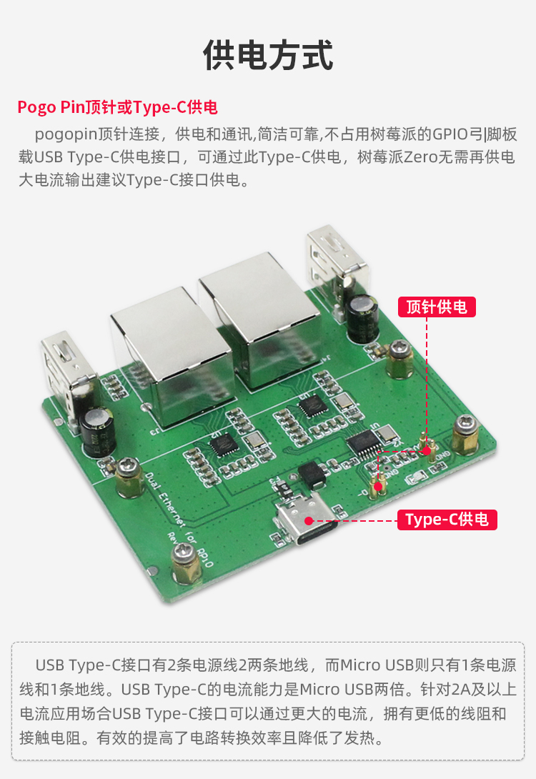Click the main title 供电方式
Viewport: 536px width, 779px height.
coord(268,55)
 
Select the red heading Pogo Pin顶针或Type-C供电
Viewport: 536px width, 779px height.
coord(118,107)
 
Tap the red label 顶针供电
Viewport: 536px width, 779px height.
coord(437,307)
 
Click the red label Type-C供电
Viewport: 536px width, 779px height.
coord(447,520)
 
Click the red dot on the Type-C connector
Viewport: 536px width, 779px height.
coord(309,521)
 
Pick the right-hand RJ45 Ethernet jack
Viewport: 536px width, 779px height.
coord(259,317)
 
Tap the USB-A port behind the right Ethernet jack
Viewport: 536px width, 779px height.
coord(337,268)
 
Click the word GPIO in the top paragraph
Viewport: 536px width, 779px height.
coord(451,134)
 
